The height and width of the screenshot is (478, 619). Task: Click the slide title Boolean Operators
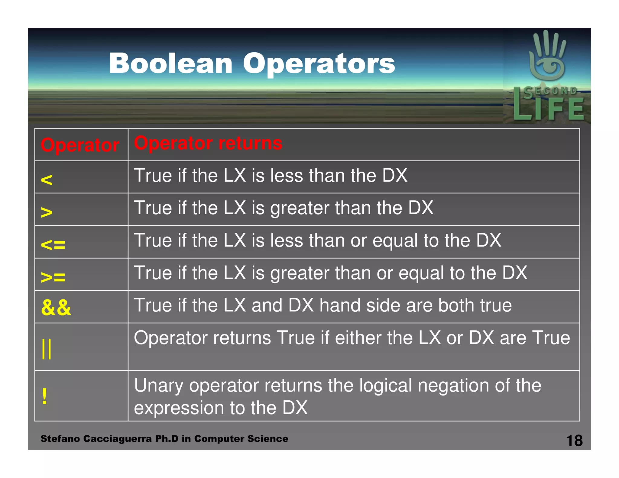(252, 63)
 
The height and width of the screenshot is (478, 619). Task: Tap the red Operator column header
(80, 145)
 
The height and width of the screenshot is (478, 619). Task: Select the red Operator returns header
(208, 143)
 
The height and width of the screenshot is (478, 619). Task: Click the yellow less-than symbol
(47, 180)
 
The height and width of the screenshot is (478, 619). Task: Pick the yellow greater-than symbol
(47, 212)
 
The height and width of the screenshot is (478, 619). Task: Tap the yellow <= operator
(53, 244)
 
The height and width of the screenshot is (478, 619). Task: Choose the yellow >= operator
(53, 277)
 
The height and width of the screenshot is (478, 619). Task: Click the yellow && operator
(56, 308)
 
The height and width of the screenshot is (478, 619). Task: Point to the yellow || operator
(47, 349)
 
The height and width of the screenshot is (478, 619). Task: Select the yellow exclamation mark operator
(45, 396)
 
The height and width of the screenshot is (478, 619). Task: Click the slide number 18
(574, 441)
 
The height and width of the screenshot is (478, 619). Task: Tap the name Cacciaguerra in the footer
(117, 439)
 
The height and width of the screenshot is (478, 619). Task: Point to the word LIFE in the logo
(549, 109)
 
